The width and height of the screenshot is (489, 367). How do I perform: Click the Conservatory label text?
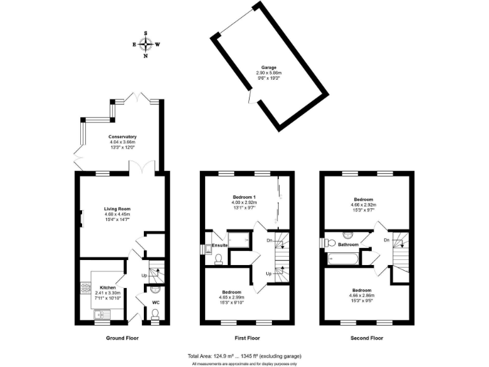click(x=122, y=137)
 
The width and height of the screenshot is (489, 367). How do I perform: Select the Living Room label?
click(x=117, y=208)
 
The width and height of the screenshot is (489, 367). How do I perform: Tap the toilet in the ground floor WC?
click(x=155, y=313)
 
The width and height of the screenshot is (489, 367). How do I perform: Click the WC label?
click(x=155, y=302)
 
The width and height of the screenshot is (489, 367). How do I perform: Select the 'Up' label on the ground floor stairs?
click(x=144, y=275)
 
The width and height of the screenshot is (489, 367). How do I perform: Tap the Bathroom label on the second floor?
click(x=348, y=243)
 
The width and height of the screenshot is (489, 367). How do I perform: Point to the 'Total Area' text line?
click(x=244, y=355)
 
